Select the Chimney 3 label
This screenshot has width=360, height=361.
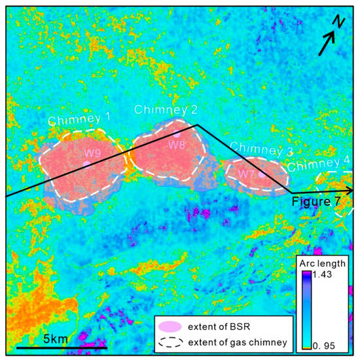click(x=261, y=150)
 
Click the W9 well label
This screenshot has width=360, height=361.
click(x=92, y=153)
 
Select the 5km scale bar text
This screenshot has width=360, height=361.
click(x=56, y=338)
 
